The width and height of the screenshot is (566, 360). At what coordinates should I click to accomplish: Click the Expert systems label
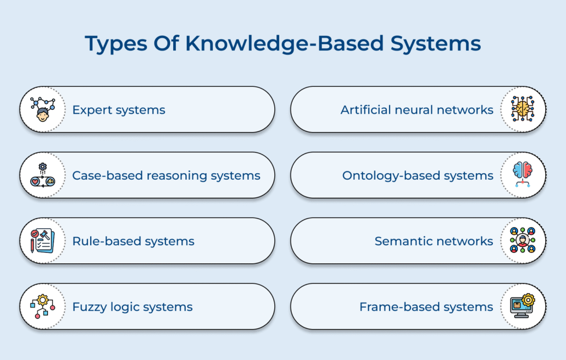pos(119,110)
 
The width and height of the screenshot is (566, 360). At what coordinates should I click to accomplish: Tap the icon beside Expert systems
pos(42,109)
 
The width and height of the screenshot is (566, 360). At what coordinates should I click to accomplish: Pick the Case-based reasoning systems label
pos(166,176)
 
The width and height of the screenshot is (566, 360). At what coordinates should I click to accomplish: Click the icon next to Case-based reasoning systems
pos(42,175)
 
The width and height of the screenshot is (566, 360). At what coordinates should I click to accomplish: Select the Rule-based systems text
pos(133,241)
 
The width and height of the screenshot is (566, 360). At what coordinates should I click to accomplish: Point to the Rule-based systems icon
pos(42,241)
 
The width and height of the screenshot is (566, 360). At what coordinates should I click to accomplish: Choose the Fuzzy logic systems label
pos(132,307)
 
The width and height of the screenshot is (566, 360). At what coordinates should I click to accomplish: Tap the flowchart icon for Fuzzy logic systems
pos(42,306)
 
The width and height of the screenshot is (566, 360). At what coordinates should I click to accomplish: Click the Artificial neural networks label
pos(417,110)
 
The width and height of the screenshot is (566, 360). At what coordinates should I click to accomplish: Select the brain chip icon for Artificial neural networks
pos(523,109)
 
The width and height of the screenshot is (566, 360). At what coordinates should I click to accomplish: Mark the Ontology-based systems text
pos(418,176)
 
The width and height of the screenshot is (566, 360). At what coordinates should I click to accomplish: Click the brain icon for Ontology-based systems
pos(523,175)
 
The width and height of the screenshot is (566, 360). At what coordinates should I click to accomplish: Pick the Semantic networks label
pos(434,241)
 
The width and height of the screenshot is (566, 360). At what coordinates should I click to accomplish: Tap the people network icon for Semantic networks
pos(523,241)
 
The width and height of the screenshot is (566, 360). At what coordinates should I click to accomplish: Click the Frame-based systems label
pos(426,307)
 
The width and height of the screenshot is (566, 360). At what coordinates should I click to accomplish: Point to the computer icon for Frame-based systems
pos(523,306)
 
